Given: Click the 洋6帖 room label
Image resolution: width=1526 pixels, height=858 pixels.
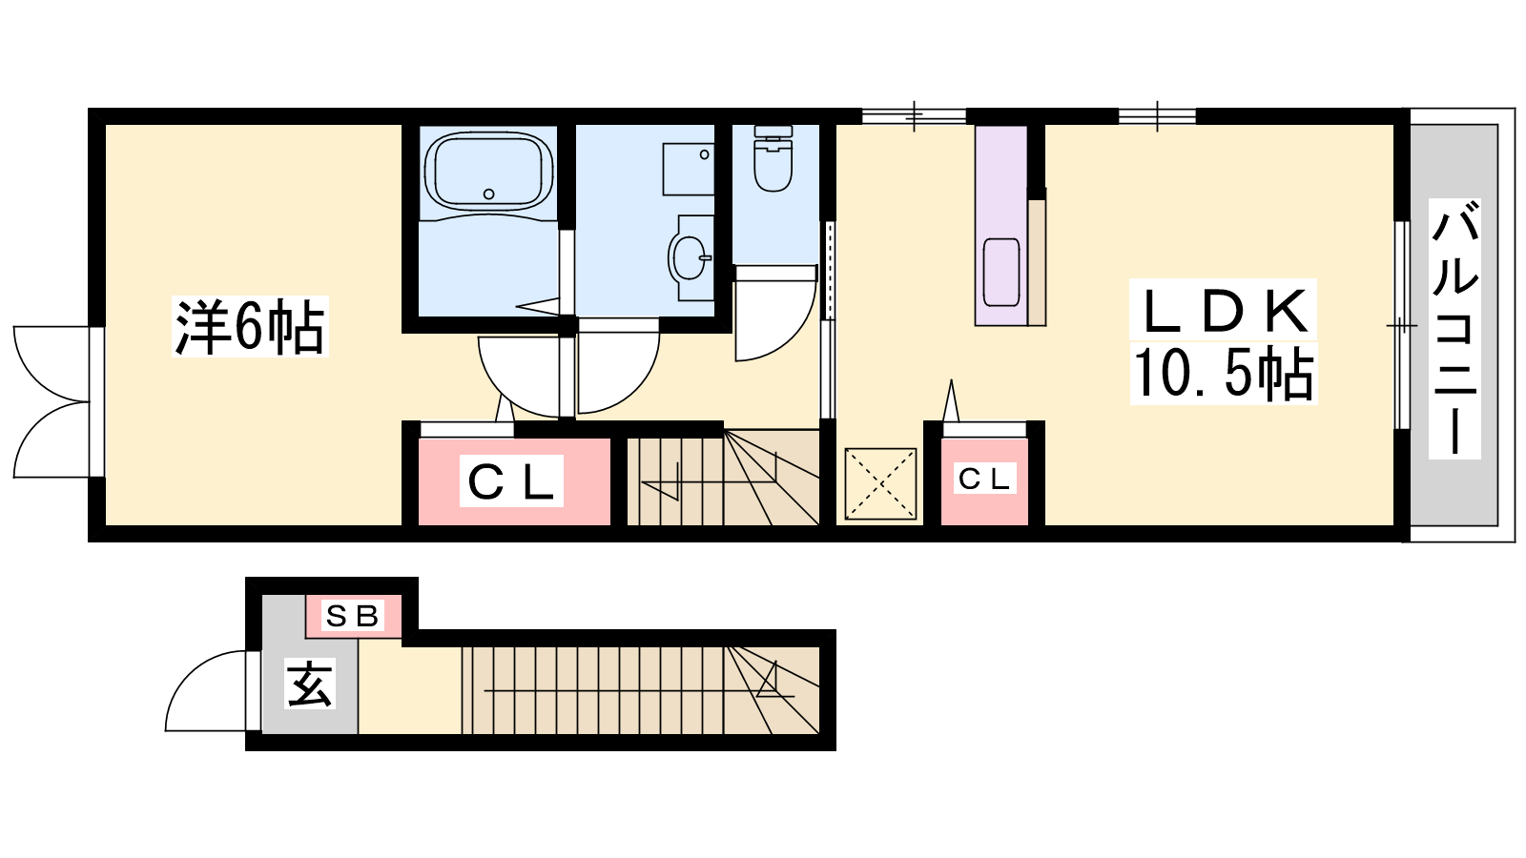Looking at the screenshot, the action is tap(250, 327).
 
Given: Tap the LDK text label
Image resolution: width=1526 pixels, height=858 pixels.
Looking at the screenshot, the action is tap(1224, 310).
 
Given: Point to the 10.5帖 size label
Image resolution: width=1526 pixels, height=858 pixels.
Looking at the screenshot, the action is tap(1224, 374).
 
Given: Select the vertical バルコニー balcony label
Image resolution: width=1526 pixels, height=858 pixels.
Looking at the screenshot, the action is tap(1454, 328).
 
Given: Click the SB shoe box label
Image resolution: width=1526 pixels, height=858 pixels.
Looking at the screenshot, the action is tap(353, 616).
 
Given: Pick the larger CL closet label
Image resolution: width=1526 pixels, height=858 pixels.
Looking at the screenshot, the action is tap(511, 480).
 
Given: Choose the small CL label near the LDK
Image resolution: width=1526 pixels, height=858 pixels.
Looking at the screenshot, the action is tap(983, 479).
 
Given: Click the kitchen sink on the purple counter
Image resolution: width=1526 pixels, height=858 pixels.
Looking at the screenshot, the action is tap(1000, 272).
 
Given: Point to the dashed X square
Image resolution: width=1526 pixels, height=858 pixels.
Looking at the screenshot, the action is tap(880, 483).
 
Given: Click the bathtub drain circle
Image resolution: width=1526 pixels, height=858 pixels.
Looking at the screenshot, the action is tap(488, 194).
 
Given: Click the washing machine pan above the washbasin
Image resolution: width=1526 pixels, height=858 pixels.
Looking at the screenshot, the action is tap(688, 169).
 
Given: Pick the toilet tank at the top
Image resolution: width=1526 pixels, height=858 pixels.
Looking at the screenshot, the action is tap(773, 131).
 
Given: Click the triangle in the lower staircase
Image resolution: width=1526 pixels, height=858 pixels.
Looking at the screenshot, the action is tap(772, 681).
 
